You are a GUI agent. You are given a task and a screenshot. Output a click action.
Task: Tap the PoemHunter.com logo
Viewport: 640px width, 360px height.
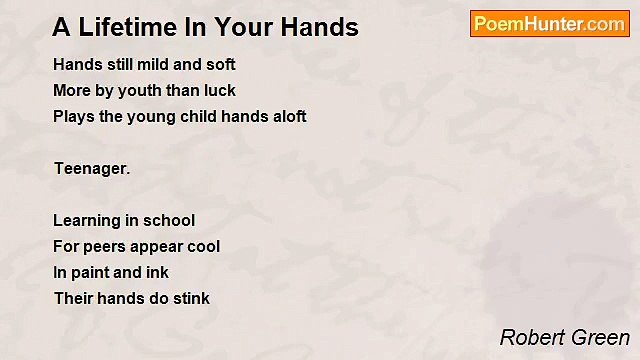click(x=549, y=24)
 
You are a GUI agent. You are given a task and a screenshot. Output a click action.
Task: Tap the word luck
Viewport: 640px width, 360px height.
click(x=219, y=91)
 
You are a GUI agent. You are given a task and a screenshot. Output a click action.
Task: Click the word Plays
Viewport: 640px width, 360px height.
click(x=73, y=117)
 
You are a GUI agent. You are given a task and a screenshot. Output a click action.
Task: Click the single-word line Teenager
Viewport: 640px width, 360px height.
click(x=92, y=169)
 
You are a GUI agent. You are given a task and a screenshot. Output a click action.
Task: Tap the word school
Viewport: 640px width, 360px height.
click(x=172, y=221)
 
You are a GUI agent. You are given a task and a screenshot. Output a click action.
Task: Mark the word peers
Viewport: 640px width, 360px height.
click(x=103, y=247)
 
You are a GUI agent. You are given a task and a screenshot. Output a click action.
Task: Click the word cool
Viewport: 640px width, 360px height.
click(x=203, y=247)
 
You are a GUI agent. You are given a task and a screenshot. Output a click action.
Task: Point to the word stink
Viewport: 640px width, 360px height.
click(x=190, y=299)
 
